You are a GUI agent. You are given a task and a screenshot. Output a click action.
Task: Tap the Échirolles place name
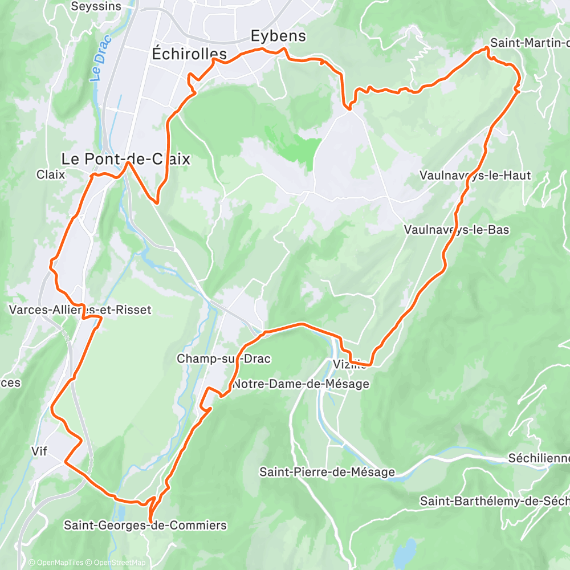click(189, 54)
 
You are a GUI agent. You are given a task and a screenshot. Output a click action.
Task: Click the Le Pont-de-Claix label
click(125, 159)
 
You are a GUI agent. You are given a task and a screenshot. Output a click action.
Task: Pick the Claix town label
click(50, 174)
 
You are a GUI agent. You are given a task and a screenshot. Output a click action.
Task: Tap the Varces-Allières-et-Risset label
click(80, 310)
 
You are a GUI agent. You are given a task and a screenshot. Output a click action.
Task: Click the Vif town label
click(40, 451)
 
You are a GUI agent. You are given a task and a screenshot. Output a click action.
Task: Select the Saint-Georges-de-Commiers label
click(145, 525)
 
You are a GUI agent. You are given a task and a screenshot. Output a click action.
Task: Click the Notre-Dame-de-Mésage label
click(300, 384)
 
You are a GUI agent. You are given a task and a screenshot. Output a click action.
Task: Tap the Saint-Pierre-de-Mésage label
click(327, 471)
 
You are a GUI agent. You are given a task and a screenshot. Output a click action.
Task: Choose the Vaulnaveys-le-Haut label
click(475, 175)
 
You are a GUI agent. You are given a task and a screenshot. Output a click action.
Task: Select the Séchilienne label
click(538, 458)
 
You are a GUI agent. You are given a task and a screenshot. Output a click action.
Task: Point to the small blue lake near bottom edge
click(405, 553)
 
